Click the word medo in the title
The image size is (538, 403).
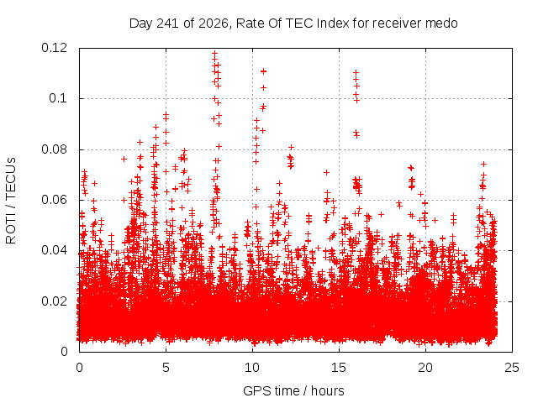(x=441, y=24)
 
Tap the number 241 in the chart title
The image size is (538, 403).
(x=168, y=24)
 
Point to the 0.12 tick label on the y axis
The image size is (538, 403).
(x=54, y=48)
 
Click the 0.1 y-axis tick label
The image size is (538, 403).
(x=58, y=98)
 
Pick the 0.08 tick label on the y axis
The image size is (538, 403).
(x=54, y=149)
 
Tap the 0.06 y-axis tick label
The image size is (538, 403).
(x=54, y=200)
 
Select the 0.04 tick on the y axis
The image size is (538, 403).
(x=54, y=250)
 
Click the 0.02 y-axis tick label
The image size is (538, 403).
(x=54, y=301)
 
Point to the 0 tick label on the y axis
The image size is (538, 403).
(x=64, y=352)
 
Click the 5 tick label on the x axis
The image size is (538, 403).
(x=166, y=368)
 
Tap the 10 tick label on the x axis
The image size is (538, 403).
(x=252, y=368)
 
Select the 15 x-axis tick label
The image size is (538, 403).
(x=339, y=368)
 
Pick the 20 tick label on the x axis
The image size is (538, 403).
(x=425, y=368)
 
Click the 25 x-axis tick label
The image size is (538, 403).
(x=512, y=368)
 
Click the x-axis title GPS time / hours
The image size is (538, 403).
(x=293, y=390)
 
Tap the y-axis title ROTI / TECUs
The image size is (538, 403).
(x=11, y=201)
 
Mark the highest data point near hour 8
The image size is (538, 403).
(x=215, y=54)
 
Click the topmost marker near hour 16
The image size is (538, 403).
(x=356, y=72)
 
